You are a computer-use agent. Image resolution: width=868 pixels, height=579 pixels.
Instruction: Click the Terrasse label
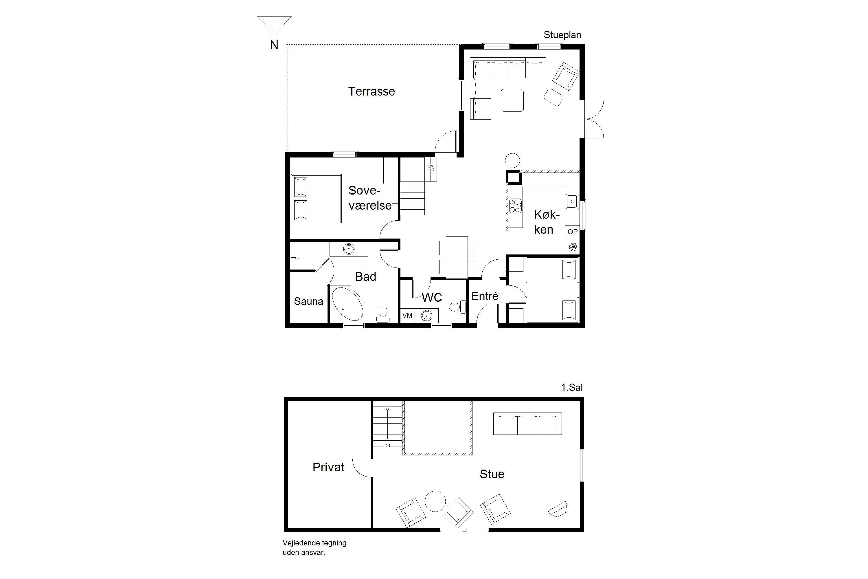pyautogui.click(x=371, y=91)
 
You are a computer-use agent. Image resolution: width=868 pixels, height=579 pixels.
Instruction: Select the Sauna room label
pyautogui.click(x=308, y=301)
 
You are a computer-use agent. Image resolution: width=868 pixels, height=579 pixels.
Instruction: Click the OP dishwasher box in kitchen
pyautogui.click(x=572, y=232)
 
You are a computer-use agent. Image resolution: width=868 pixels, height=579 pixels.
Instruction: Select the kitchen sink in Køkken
pyautogui.click(x=572, y=201)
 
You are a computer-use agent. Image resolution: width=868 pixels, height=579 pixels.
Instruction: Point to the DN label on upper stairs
pyautogui.click(x=387, y=446)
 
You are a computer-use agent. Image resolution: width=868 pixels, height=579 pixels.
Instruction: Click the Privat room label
pyautogui.click(x=328, y=467)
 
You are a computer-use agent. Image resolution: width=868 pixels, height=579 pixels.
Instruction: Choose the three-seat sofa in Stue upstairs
pyautogui.click(x=528, y=423)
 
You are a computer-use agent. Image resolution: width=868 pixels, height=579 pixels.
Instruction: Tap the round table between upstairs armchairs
pyautogui.click(x=435, y=501)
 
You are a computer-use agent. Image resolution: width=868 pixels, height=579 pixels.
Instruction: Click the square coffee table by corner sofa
pyautogui.click(x=512, y=100)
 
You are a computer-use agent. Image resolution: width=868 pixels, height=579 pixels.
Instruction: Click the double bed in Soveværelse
pyautogui.click(x=316, y=199)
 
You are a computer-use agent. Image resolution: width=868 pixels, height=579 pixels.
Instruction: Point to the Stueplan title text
pyautogui.click(x=562, y=35)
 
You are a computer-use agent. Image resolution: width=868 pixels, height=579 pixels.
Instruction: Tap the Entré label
pyautogui.click(x=485, y=296)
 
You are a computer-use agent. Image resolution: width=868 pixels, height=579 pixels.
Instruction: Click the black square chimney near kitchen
pyautogui.click(x=513, y=178)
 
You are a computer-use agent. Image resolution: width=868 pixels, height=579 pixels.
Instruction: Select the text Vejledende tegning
pyautogui.click(x=315, y=543)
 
